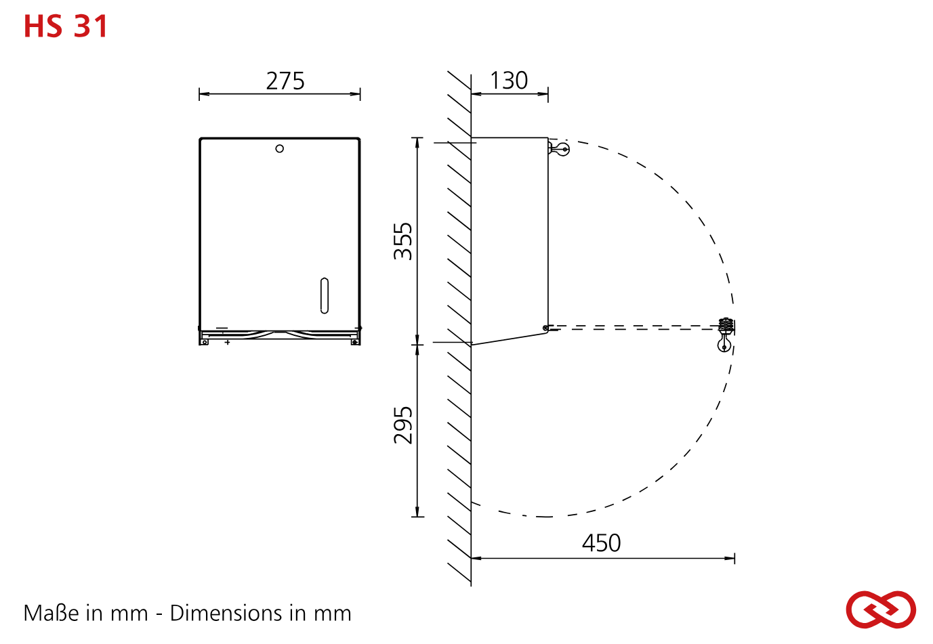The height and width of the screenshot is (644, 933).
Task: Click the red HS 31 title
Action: pos(66,26)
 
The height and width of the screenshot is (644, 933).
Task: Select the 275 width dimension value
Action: pos(285,81)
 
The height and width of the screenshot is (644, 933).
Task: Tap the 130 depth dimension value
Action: pos(509,81)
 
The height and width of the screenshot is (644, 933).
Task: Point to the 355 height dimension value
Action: pos(402,242)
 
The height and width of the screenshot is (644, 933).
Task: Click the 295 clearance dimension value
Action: pos(402,425)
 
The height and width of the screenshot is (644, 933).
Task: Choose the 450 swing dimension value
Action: pos(602,543)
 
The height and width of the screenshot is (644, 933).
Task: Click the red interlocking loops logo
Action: pos(881,609)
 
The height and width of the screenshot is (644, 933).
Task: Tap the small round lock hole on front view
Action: pos(279,148)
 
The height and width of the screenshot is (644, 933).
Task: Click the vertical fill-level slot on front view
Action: pos(325,295)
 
